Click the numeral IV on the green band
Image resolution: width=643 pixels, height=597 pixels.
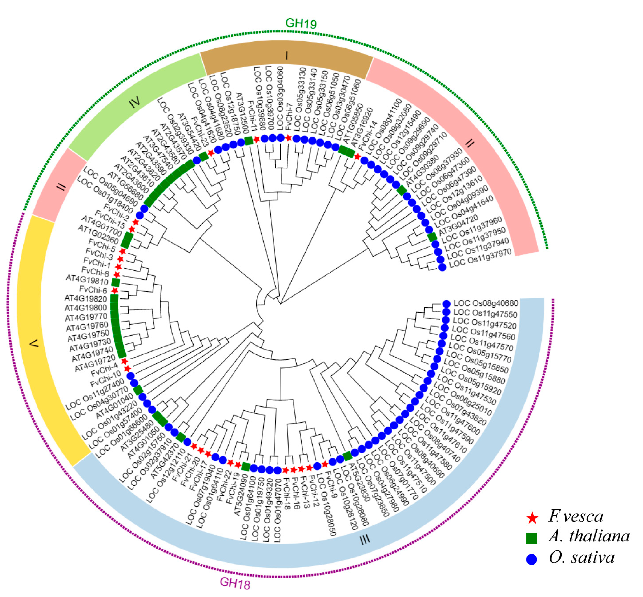click(x=135, y=102)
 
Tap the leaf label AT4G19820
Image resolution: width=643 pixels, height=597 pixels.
click(x=86, y=299)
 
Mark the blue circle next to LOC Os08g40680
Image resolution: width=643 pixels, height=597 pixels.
click(x=446, y=304)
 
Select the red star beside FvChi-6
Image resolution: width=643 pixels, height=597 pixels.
click(x=114, y=290)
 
